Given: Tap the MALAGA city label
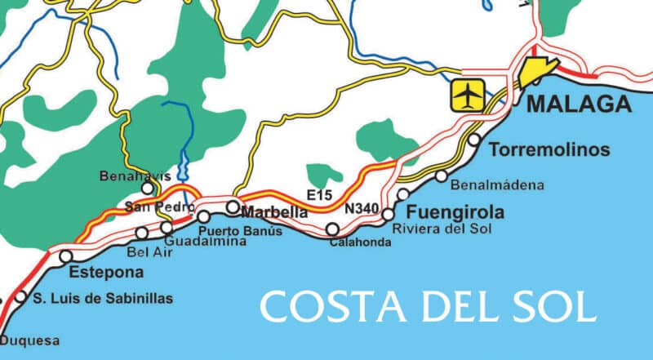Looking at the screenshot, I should point(579,104).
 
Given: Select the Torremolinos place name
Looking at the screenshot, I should point(549,149).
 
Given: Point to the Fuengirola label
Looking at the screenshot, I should point(455,213).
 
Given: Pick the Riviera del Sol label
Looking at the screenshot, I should point(442,229).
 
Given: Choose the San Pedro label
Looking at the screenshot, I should point(149,207).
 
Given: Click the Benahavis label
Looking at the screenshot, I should point(127,176).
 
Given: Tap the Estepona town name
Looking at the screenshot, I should point(107,272).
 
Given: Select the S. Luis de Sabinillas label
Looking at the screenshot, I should point(103,299).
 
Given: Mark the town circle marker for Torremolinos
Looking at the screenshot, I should point(474,140).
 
